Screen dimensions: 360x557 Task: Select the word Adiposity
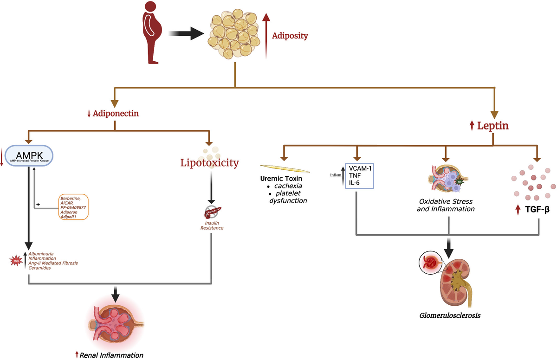pos(290,35)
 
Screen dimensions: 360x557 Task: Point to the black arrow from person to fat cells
pos(186,33)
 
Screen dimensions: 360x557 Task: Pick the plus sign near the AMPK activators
pos(39,204)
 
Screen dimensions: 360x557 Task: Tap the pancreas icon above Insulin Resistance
pos(212,213)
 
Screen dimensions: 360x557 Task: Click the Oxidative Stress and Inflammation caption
pos(447,205)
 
